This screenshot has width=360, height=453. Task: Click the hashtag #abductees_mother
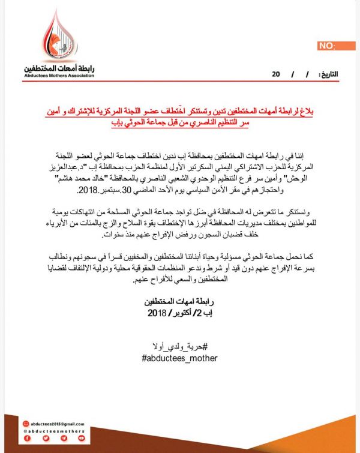180,358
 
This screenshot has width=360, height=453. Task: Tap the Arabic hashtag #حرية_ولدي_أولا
180,346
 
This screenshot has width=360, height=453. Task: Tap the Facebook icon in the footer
28,439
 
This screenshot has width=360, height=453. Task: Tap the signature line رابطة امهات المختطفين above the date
180,301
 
